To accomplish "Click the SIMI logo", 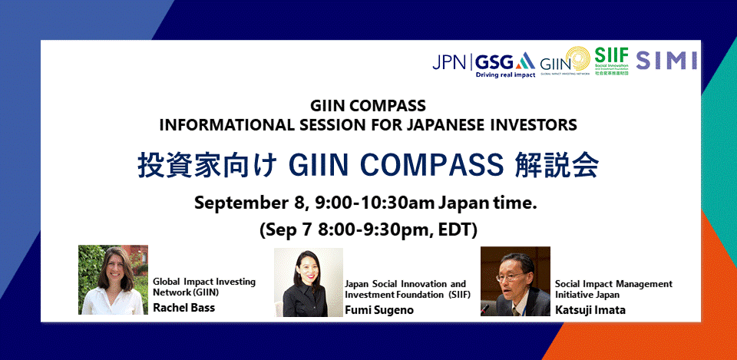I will [x=666, y=61].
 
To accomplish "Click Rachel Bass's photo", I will [x=113, y=280].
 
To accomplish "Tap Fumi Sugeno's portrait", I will [x=309, y=282].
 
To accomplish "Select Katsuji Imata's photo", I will [x=515, y=281].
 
